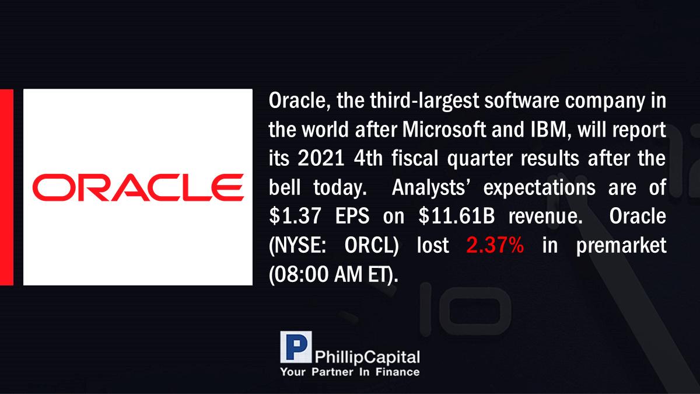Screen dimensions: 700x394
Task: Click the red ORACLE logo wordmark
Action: pyautogui.click(x=138, y=187)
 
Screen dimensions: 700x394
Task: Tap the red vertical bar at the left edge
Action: pyautogui.click(x=6, y=187)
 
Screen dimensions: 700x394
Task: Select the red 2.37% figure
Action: pyautogui.click(x=495, y=245)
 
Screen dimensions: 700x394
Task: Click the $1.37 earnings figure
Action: pyautogui.click(x=295, y=216)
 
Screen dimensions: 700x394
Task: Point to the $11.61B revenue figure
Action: pyautogui.click(x=457, y=216)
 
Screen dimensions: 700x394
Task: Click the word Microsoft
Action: pyautogui.click(x=444, y=130)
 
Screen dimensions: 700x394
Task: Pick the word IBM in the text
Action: pyautogui.click(x=548, y=130)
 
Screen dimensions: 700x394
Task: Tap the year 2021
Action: pyautogui.click(x=321, y=158)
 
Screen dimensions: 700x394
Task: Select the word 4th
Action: pyautogui.click(x=368, y=158)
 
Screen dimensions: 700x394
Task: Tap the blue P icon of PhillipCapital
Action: pyautogui.click(x=296, y=347)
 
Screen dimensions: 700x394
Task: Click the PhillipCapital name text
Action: pyautogui.click(x=367, y=357)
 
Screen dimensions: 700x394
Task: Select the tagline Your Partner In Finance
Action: pyautogui.click(x=350, y=372)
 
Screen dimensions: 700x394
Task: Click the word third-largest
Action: pyautogui.click(x=425, y=100)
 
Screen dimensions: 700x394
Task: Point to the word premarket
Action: pyautogui.click(x=621, y=246)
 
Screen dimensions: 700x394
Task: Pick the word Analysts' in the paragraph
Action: pyautogui.click(x=431, y=187)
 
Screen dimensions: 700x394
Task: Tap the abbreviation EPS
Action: pyautogui.click(x=352, y=216)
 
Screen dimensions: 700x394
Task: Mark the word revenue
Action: pyautogui.click(x=545, y=217)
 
